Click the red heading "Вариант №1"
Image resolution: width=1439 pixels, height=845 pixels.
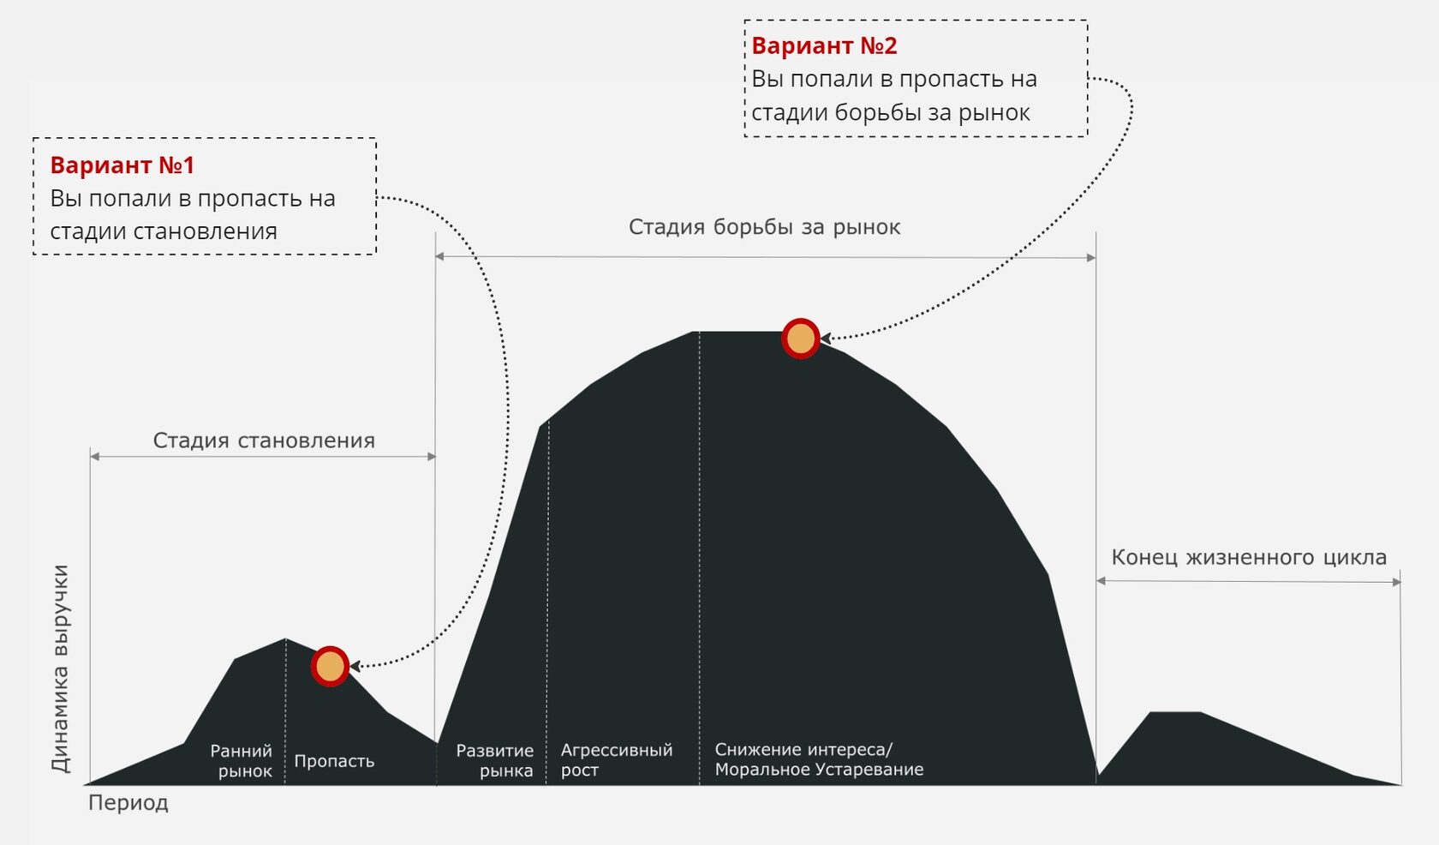click(122, 165)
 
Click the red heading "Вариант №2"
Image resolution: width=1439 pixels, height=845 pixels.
click(824, 45)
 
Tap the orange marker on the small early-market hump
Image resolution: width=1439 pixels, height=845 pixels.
click(330, 666)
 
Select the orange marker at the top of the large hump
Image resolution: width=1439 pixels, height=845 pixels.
click(801, 339)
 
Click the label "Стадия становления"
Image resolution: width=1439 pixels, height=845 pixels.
click(264, 440)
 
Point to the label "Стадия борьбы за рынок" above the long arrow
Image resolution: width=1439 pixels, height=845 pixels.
click(764, 227)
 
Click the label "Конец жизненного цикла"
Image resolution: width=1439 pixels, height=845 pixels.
click(1248, 557)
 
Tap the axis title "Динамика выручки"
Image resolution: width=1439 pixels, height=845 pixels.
click(60, 668)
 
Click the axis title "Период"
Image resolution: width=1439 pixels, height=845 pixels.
click(128, 803)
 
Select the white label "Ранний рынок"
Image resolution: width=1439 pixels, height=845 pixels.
click(242, 761)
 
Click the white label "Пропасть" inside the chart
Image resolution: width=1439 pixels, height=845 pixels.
click(334, 761)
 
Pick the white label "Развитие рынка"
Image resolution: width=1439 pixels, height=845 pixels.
click(496, 760)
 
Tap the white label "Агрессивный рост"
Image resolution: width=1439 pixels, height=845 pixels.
click(616, 760)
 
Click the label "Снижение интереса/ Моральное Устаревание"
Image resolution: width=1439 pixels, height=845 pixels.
click(819, 759)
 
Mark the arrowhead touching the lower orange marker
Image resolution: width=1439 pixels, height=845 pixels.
click(355, 666)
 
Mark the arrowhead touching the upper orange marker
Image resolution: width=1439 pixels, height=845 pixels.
click(826, 339)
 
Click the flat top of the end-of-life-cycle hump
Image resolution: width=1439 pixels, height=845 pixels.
click(1174, 712)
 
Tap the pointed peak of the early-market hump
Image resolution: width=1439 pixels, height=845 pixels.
click(285, 639)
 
